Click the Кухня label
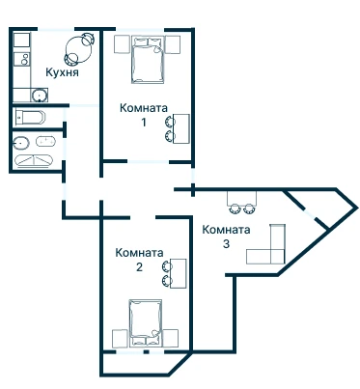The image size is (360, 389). click(62, 72)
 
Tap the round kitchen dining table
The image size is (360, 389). click(78, 49)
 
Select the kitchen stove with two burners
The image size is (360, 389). click(22, 59)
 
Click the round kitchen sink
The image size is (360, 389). click(40, 96)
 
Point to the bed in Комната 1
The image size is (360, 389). click(148, 60)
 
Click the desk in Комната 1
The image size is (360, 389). click(180, 128)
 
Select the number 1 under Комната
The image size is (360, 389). click(144, 123)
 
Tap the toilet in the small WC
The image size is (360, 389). click(30, 117)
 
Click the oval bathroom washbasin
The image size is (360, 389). click(21, 143)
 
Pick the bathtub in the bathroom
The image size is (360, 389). click(34, 161)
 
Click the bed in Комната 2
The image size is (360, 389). click(146, 323)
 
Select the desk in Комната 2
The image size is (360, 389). click(178, 273)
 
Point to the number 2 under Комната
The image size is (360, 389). click(139, 267)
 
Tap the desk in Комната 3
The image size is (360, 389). click(242, 199)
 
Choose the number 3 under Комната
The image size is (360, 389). click(226, 243)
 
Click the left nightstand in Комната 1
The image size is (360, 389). click(122, 44)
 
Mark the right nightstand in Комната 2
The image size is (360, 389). click(171, 339)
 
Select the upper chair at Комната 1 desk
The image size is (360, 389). click(170, 122)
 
